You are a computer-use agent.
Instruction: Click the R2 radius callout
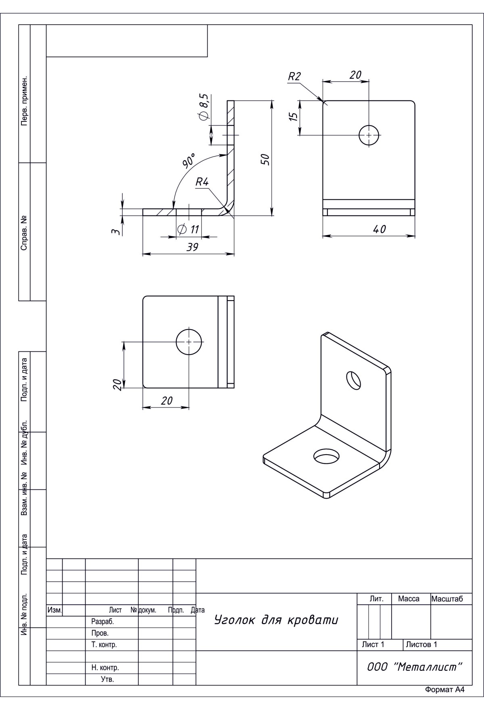(294, 76)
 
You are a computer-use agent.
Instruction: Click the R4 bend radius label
(202, 182)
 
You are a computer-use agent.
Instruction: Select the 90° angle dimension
(189, 160)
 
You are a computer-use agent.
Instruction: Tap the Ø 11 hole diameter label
(189, 230)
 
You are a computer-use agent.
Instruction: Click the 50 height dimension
(265, 159)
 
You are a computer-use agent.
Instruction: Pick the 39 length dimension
(192, 247)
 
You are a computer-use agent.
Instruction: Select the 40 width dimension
(379, 229)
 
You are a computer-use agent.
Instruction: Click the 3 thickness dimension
(115, 232)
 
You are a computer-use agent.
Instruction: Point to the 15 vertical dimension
(294, 117)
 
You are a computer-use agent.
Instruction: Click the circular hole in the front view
(369, 134)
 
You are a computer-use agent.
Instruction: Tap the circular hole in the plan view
(189, 342)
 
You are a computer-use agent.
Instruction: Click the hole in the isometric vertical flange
(354, 380)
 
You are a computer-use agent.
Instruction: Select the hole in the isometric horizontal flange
(326, 457)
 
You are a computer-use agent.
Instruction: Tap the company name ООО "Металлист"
(414, 667)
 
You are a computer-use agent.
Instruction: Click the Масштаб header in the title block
(447, 599)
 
